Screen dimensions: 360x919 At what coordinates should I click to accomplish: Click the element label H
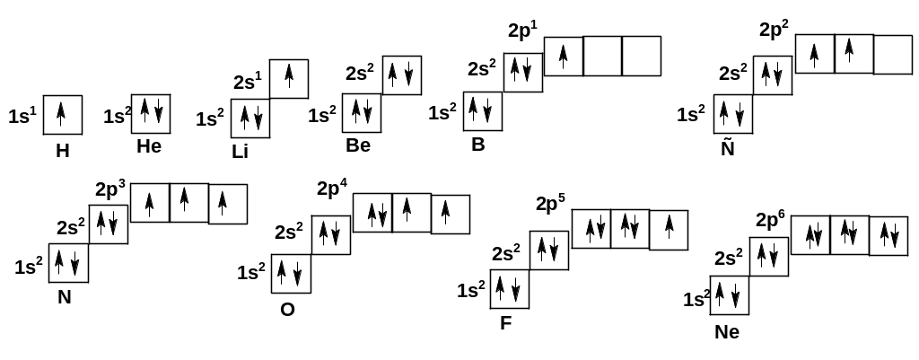[x=62, y=151]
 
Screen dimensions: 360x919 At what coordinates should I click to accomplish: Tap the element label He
[x=149, y=145]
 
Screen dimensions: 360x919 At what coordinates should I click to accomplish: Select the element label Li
[x=240, y=151]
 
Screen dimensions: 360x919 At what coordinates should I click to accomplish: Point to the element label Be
[x=358, y=145]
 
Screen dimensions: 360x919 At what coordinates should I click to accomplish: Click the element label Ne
[x=728, y=332]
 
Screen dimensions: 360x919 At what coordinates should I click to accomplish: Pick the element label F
[x=506, y=323]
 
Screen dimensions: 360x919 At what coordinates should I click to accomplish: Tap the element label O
[x=287, y=310]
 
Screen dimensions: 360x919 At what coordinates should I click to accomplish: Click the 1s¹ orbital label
[x=22, y=116]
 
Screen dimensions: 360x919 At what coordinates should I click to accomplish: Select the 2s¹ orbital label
[x=247, y=83]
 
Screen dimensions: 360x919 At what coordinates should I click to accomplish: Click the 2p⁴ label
[x=332, y=189]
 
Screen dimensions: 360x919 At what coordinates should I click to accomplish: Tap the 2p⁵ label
[x=550, y=203]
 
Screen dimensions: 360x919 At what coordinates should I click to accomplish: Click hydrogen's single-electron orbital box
[x=63, y=114]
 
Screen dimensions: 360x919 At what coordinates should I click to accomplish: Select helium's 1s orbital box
[x=151, y=113]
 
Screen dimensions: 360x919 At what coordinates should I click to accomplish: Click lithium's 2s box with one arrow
[x=289, y=79]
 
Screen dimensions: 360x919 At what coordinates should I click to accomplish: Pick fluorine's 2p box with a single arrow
[x=669, y=230]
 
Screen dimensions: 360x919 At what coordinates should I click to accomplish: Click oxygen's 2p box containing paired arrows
[x=372, y=214]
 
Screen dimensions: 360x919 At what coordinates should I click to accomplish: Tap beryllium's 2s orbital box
[x=402, y=75]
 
